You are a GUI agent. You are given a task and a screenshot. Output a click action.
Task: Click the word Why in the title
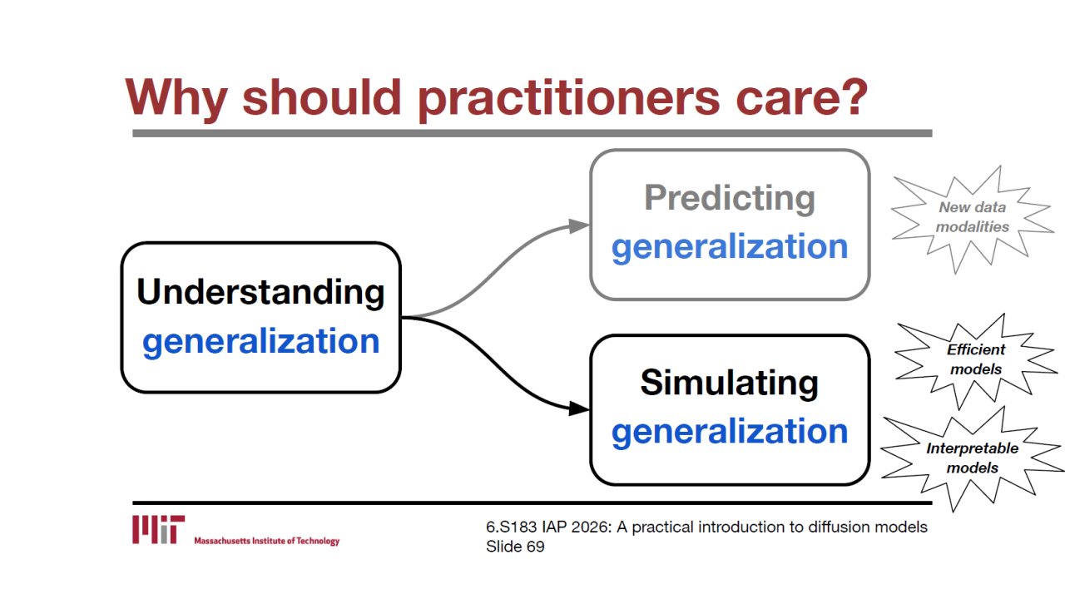pyautogui.click(x=176, y=97)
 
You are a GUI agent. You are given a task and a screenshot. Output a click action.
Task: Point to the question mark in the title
pyautogui.click(x=853, y=97)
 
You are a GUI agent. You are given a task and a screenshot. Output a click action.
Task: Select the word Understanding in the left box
pyautogui.click(x=260, y=292)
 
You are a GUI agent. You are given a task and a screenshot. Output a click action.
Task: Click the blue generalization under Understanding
pyautogui.click(x=261, y=342)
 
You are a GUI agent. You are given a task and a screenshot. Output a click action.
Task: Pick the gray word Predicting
pyautogui.click(x=730, y=199)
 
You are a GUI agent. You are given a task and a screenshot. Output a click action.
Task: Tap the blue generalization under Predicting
pyautogui.click(x=730, y=247)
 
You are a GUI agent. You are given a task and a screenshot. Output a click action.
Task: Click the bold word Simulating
pyautogui.click(x=730, y=384)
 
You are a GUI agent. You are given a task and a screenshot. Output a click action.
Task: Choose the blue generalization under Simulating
pyautogui.click(x=730, y=432)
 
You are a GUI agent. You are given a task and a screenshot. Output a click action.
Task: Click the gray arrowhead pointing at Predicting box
pyautogui.click(x=579, y=225)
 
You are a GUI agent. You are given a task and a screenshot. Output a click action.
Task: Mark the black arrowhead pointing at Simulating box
pyautogui.click(x=579, y=408)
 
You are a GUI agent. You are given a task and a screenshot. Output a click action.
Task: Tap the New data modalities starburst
pyautogui.click(x=973, y=219)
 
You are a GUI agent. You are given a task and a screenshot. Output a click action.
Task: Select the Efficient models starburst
pyautogui.click(x=976, y=360)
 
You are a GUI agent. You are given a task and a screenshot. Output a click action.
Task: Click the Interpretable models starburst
pyautogui.click(x=973, y=458)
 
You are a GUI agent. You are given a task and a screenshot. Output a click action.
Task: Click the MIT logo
pyautogui.click(x=158, y=530)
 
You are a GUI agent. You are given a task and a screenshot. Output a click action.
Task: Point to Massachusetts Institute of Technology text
pyautogui.click(x=267, y=541)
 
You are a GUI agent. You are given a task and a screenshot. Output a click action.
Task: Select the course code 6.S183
pyautogui.click(x=511, y=527)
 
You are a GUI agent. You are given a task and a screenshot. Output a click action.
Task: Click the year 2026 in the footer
pyautogui.click(x=591, y=527)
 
